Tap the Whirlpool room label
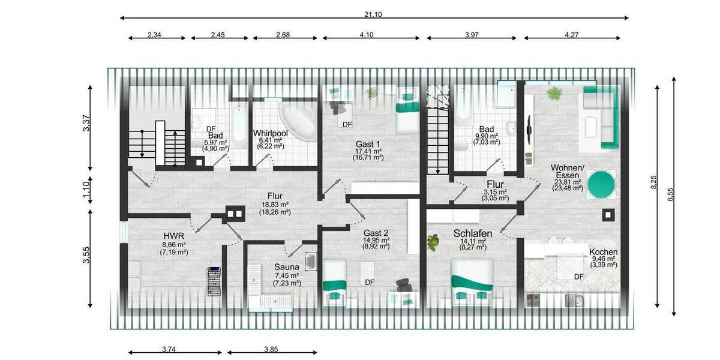coord(270,133)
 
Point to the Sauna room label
coord(287,267)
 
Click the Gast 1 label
coord(368,144)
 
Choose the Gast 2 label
coord(376,233)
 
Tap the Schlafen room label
coord(473,233)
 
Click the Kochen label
coord(603,253)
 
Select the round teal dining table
coord(601,184)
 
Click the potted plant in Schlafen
coord(433,242)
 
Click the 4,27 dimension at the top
coord(571,35)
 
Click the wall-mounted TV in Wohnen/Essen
coord(529,128)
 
